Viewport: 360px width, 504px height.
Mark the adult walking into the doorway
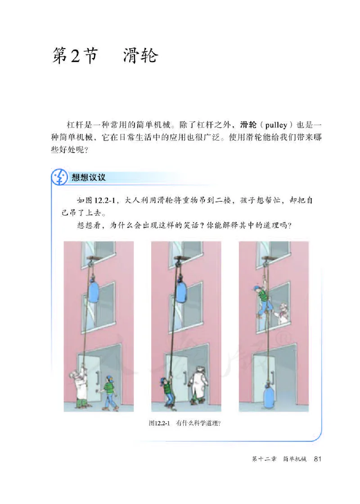[x=198, y=386]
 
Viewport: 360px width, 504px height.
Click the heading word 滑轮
[x=140, y=57]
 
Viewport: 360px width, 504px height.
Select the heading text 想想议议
[x=89, y=177]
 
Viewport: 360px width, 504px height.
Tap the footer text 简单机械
[x=295, y=459]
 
